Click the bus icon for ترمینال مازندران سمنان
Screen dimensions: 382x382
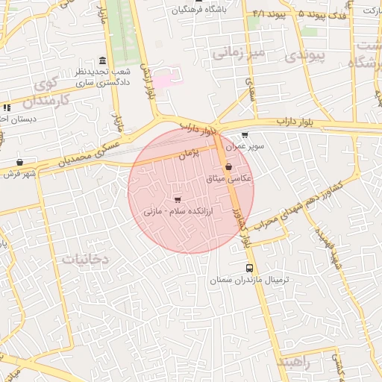249,268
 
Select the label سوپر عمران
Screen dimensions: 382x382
245,146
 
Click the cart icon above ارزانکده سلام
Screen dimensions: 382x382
177,199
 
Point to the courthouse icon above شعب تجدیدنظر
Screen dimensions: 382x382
102,60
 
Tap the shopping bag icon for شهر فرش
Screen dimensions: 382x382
19,162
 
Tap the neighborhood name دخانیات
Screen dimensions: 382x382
86,259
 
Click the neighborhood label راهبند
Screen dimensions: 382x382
297,362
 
